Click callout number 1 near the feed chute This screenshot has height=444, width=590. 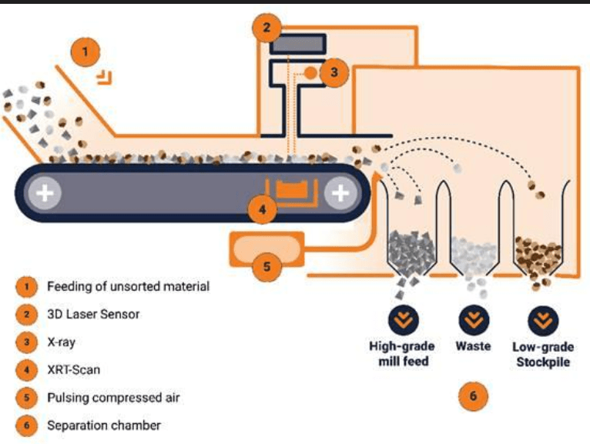85,52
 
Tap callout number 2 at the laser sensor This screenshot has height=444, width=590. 267,28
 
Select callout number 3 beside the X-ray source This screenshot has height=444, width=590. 334,72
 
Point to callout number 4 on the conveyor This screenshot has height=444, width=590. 262,209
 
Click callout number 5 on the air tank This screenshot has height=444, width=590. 267,266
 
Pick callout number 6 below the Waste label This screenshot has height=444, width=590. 473,396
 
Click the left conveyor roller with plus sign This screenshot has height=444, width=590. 45,193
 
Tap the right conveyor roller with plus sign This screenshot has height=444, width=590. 340,193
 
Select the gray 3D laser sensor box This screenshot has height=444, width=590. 297,44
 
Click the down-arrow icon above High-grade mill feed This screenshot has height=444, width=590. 404,321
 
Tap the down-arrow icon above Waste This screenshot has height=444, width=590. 474,320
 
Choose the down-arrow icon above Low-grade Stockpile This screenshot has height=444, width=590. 543,321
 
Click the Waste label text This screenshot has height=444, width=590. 473,346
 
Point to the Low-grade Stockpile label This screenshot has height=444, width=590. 543,355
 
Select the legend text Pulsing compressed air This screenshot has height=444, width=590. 113,398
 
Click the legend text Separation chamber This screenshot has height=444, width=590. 104,426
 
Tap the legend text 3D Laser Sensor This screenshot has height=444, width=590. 93,314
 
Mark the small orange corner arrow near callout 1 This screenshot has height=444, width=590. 105,78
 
